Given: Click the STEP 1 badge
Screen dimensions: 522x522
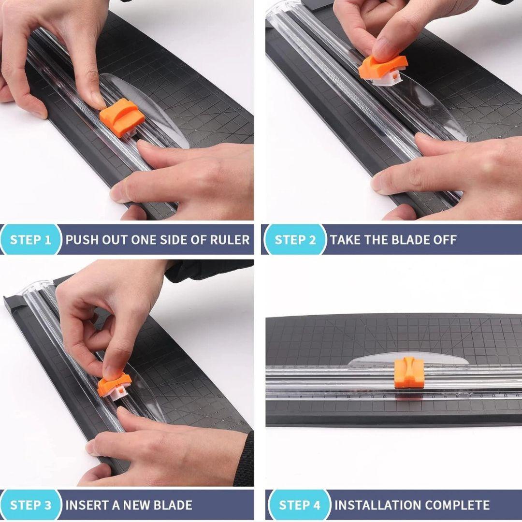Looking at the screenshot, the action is pos(30,239).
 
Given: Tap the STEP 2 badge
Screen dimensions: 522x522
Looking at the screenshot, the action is pos(295,239).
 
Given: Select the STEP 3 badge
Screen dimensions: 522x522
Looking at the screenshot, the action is pos(30,505).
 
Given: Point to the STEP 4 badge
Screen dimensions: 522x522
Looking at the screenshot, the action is pos(299,505).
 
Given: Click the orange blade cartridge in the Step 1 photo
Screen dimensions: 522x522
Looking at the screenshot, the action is pos(122,116).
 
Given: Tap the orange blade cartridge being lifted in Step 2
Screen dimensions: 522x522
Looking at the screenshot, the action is pos(382,67).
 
